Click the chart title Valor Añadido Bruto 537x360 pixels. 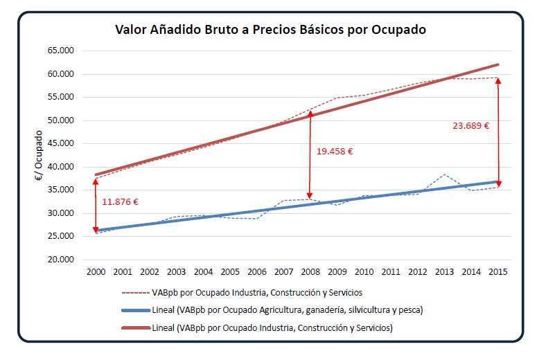[x=270, y=30]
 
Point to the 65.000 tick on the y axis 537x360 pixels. [x=60, y=51]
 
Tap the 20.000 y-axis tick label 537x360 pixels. [x=60, y=260]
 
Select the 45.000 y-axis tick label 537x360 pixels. [x=60, y=144]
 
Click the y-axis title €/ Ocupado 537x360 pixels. [x=39, y=156]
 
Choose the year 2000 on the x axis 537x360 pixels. [x=96, y=271]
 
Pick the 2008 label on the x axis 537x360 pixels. [x=310, y=271]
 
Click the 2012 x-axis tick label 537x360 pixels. [x=417, y=271]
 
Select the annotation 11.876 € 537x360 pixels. [x=121, y=202]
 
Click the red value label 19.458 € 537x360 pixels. [x=335, y=151]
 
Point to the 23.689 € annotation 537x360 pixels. [x=471, y=126]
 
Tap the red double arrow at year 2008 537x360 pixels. [x=310, y=155]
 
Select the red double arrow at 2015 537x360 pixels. [x=498, y=132]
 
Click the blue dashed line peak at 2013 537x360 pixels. [x=444, y=174]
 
